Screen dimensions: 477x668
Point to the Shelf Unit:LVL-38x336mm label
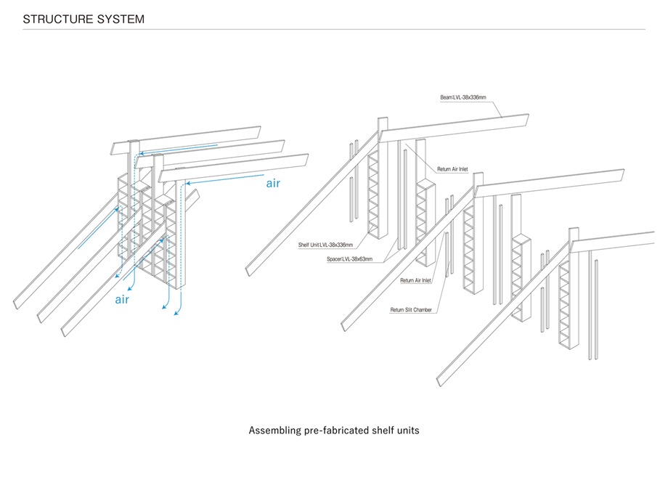coord(326,245)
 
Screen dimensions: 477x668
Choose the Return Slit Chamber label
coord(411,310)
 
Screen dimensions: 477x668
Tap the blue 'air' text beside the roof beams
coord(272,184)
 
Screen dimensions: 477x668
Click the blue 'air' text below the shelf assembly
coord(122,298)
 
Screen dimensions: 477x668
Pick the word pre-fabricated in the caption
coord(342,431)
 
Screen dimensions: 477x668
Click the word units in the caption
coord(407,431)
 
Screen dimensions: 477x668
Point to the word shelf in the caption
coord(380,431)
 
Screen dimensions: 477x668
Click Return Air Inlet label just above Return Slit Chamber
coord(415,280)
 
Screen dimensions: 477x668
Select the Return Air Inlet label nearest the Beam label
coord(452,169)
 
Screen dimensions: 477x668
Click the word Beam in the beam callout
coord(446,97)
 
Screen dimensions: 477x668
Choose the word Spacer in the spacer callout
coord(335,258)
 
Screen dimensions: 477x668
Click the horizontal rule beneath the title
coord(334,30)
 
